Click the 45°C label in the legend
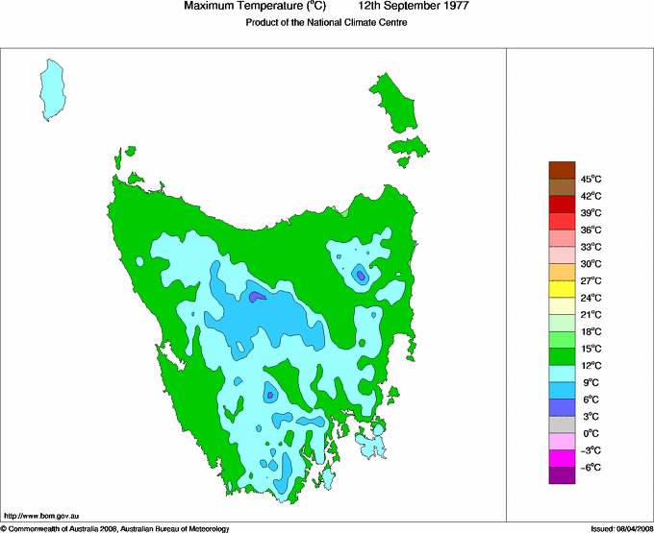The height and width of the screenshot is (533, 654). click(x=591, y=179)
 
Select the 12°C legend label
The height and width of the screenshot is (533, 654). click(x=591, y=366)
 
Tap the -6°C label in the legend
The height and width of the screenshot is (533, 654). click(x=591, y=468)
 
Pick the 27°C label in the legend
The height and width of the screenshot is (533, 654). click(x=591, y=280)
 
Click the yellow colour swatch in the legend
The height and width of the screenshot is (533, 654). click(x=562, y=289)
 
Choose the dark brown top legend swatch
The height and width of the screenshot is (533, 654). click(x=562, y=170)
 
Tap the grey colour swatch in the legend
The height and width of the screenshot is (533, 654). click(x=562, y=424)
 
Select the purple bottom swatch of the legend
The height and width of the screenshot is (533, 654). click(x=562, y=475)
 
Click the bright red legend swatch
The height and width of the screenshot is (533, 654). click(x=562, y=221)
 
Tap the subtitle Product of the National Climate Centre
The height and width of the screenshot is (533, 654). click(x=327, y=23)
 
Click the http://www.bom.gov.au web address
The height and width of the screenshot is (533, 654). click(x=40, y=517)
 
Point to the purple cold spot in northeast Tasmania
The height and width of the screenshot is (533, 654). click(x=361, y=276)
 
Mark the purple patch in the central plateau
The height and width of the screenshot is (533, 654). click(x=256, y=297)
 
